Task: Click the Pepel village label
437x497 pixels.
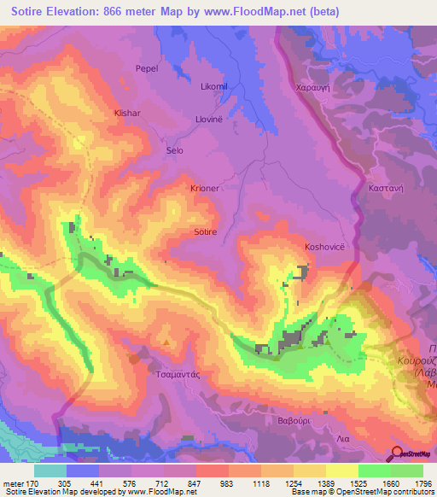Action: tap(147, 68)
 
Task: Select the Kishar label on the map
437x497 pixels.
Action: tap(127, 112)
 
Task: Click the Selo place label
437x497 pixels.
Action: tap(174, 150)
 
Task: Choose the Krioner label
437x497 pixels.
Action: tap(205, 187)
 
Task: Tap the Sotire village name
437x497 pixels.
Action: tap(206, 231)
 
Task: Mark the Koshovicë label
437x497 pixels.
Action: tap(324, 247)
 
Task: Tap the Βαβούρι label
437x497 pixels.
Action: tap(279, 421)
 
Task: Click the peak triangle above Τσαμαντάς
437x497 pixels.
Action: tap(166, 343)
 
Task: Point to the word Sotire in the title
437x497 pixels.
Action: tap(30, 12)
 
